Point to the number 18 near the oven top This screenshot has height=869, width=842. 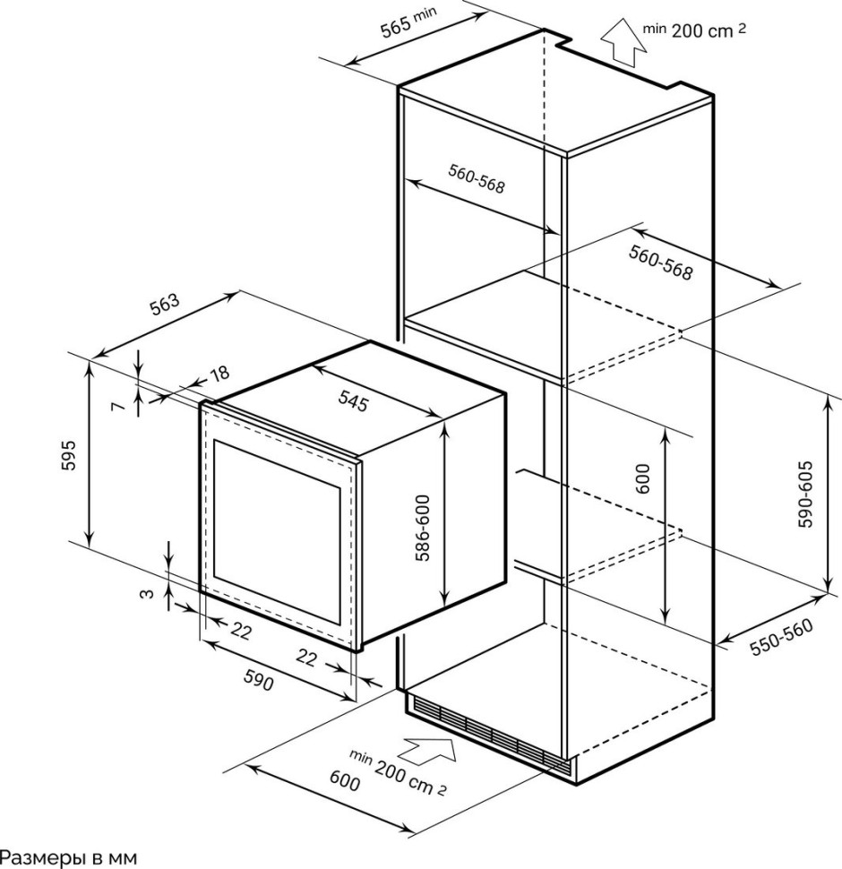219,374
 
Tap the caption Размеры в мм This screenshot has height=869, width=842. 68,857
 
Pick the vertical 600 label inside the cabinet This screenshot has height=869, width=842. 641,480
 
